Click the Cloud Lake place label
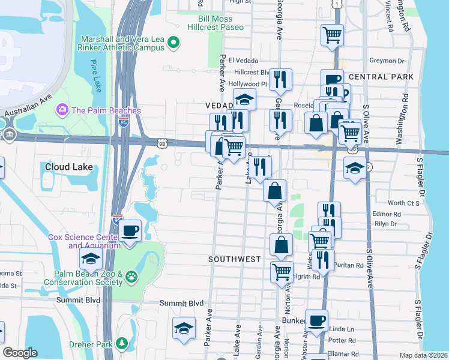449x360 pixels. [68, 167]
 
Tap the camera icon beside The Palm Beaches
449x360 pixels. [61, 110]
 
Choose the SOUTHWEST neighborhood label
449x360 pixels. [234, 259]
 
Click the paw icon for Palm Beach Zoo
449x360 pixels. [131, 277]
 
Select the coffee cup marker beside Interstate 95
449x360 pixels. [130, 231]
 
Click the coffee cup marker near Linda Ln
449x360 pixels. [316, 320]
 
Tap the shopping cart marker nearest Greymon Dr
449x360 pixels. [332, 35]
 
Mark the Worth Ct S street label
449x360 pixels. [403, 203]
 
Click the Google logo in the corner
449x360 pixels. [20, 353]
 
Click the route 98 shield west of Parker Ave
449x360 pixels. [161, 143]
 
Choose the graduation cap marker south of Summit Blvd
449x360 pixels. [184, 328]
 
